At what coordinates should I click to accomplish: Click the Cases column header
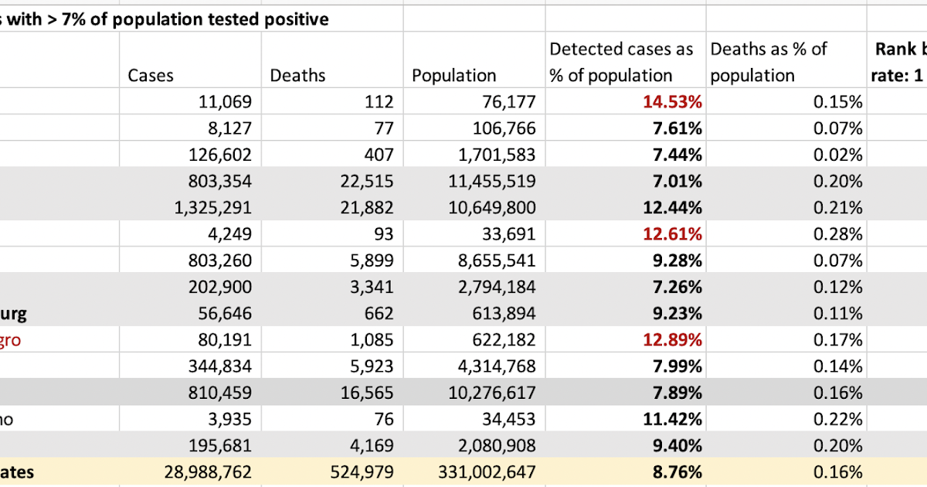(x=151, y=76)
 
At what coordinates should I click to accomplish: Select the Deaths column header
(x=297, y=76)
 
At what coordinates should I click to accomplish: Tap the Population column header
(x=453, y=76)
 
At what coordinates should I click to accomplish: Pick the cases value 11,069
(x=221, y=102)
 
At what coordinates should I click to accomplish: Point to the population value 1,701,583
(x=492, y=155)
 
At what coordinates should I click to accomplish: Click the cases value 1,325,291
(x=209, y=207)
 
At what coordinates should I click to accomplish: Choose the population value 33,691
(x=505, y=234)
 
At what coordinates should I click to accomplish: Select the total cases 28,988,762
(x=208, y=472)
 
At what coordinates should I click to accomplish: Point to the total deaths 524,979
(x=358, y=472)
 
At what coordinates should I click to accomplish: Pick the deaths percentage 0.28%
(x=840, y=234)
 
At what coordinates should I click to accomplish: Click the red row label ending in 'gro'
(x=11, y=340)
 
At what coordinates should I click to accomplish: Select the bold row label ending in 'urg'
(x=13, y=313)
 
